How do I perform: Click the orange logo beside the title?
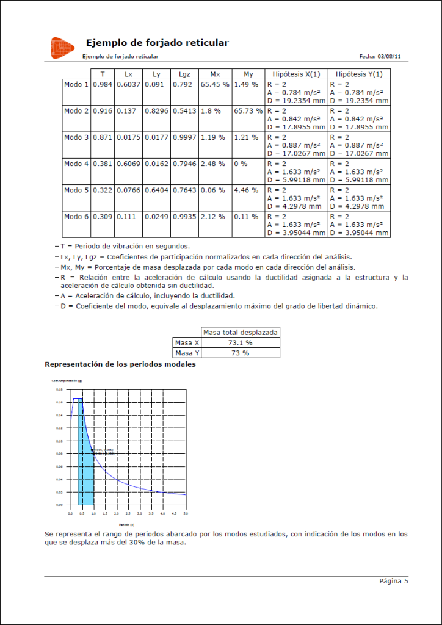[63, 48]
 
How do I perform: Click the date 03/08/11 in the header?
[389, 56]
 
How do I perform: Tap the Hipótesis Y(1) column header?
[359, 74]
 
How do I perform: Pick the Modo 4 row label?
[76, 164]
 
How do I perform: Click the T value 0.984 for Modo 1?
[103, 84]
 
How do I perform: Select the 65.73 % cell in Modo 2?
[248, 111]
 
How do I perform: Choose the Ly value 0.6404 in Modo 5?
[156, 191]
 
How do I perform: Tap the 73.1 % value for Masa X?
[241, 343]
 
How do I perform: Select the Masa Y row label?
[187, 353]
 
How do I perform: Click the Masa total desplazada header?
[241, 333]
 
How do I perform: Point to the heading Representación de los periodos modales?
[120, 364]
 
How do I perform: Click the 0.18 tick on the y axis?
[60, 389]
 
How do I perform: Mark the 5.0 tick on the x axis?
[186, 509]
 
